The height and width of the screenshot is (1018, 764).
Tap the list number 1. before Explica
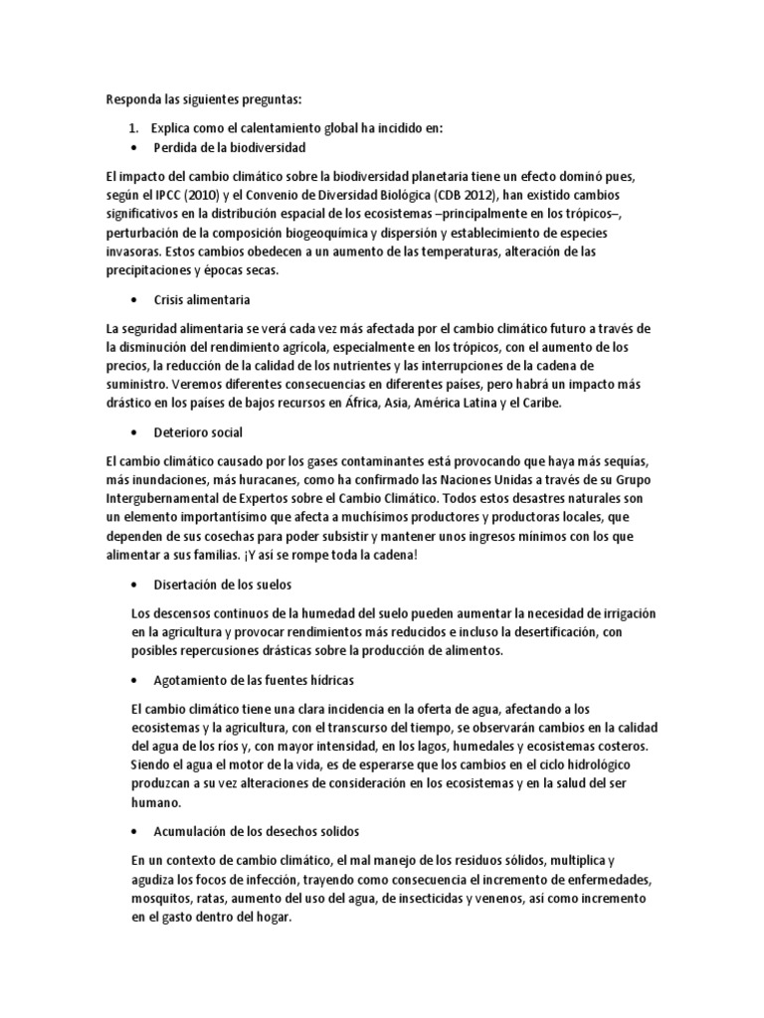136,128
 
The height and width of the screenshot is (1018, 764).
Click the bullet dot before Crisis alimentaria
134,299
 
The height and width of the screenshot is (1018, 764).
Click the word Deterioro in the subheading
181,432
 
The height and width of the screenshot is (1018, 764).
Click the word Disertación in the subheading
187,584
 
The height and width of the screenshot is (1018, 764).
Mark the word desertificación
555,631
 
